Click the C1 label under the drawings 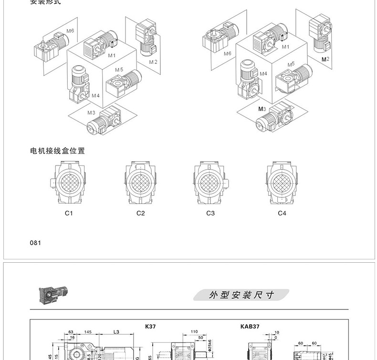(x=69, y=213)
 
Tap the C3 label (x=210, y=213)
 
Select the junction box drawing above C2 (x=140, y=182)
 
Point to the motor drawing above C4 (x=282, y=182)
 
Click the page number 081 (x=36, y=243)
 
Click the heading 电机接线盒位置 (x=58, y=151)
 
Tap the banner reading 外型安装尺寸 (x=241, y=295)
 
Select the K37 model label (x=150, y=327)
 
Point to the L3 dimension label (x=117, y=331)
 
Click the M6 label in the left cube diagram (x=70, y=31)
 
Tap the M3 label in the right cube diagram (x=262, y=109)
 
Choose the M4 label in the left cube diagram (x=95, y=95)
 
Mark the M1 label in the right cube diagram (x=285, y=47)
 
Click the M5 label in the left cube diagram (x=119, y=70)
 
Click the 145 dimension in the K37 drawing (x=88, y=331)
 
